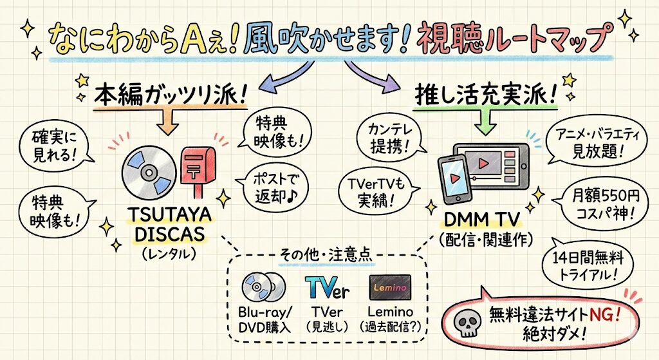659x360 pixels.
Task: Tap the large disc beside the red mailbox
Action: pos(149,173)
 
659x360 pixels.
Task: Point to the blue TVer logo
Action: pos(327,288)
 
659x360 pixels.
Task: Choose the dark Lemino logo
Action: pos(390,287)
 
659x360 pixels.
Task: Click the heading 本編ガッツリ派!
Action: pos(171,95)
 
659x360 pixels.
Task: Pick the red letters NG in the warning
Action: pos(595,315)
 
